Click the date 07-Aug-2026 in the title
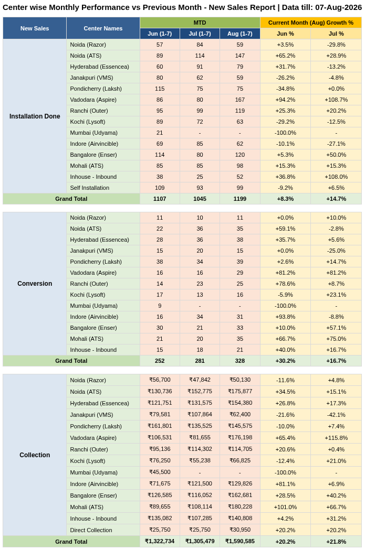[x=338, y=7]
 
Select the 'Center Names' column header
[x=103, y=28]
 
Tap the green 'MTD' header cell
[x=200, y=23]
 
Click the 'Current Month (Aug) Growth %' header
[x=311, y=23]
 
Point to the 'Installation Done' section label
[x=35, y=116]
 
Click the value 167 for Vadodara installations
[x=240, y=100]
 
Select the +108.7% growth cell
[x=336, y=100]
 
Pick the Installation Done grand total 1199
[x=240, y=199]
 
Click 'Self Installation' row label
[x=90, y=188]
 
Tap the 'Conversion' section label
[x=35, y=284]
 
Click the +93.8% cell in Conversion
[x=285, y=317]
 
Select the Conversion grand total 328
[x=240, y=361]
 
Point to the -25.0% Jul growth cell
[x=336, y=251]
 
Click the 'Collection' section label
[x=35, y=455]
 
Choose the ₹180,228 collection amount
[x=240, y=506]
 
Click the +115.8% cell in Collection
[x=336, y=438]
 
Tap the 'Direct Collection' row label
[x=91, y=530]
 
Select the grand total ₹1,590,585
[x=240, y=541]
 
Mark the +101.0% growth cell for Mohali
[x=285, y=507]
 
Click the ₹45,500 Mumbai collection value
[x=160, y=472]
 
